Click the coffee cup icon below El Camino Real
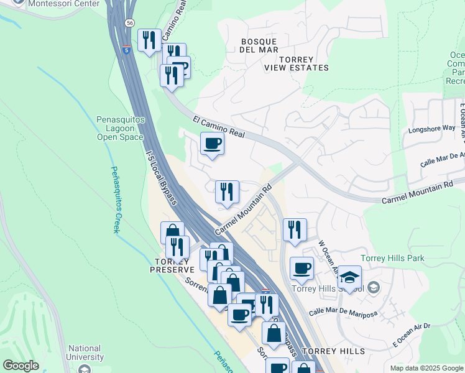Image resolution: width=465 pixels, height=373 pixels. click(212, 144)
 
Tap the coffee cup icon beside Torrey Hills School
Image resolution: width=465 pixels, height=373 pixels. click(302, 269)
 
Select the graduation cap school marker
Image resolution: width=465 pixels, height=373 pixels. click(350, 277)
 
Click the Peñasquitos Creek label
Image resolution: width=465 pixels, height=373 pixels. click(115, 199)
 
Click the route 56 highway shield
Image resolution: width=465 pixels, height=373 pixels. click(129, 22)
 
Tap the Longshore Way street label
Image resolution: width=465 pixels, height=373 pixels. click(431, 129)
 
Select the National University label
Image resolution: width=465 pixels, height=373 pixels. click(86, 352)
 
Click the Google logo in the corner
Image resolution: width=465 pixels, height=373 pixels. click(21, 366)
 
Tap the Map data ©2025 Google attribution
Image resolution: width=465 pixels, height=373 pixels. click(426, 368)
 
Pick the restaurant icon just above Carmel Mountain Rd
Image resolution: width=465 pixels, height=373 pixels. click(227, 191)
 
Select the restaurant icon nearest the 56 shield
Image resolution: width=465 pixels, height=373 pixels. click(149, 40)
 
